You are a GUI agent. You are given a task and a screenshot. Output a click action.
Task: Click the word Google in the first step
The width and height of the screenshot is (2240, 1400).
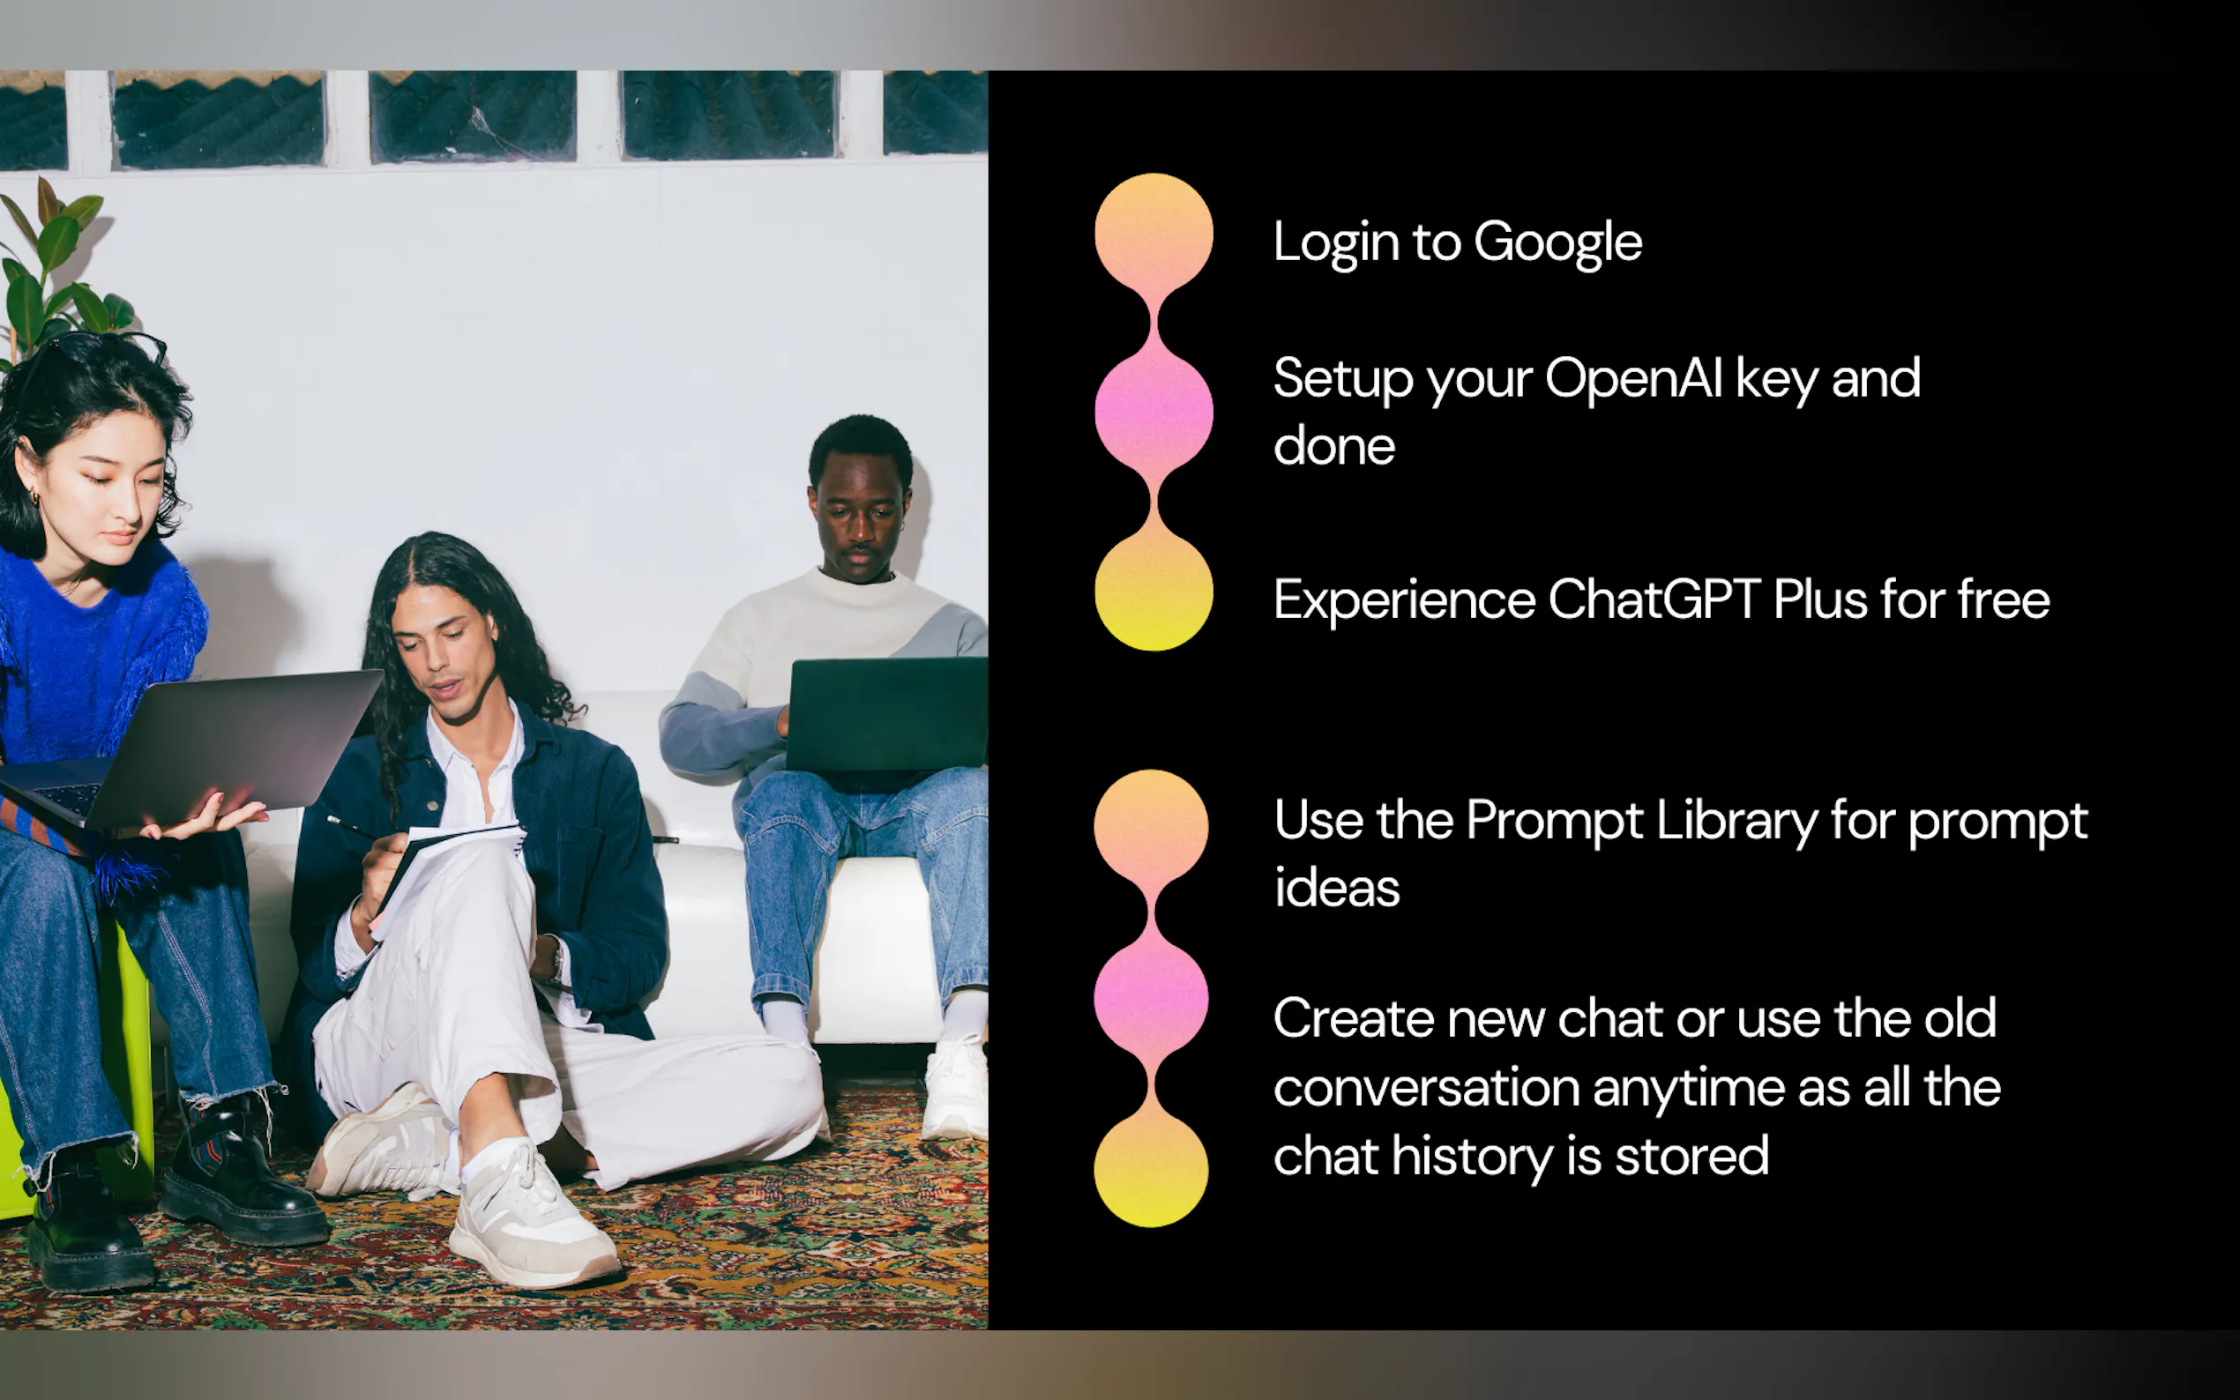pos(1557,243)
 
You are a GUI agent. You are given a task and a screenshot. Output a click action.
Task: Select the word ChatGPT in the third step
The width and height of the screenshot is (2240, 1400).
pos(1654,599)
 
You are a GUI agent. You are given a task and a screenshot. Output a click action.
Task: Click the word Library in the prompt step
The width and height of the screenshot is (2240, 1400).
pos(1736,823)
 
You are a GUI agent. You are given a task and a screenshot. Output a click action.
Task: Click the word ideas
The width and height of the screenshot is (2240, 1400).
pos(1337,887)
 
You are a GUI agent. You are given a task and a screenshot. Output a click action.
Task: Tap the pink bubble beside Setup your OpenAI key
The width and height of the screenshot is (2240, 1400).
pos(1154,412)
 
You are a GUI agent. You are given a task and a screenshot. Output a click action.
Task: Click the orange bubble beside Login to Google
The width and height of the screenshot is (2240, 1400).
pos(1154,234)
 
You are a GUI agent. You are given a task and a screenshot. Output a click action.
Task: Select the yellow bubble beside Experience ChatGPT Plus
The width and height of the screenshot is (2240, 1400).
pos(1154,592)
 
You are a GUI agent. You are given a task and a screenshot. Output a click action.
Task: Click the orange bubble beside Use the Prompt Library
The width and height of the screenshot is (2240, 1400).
pos(1151,827)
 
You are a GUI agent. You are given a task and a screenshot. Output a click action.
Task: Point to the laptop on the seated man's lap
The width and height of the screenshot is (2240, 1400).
pos(886,714)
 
